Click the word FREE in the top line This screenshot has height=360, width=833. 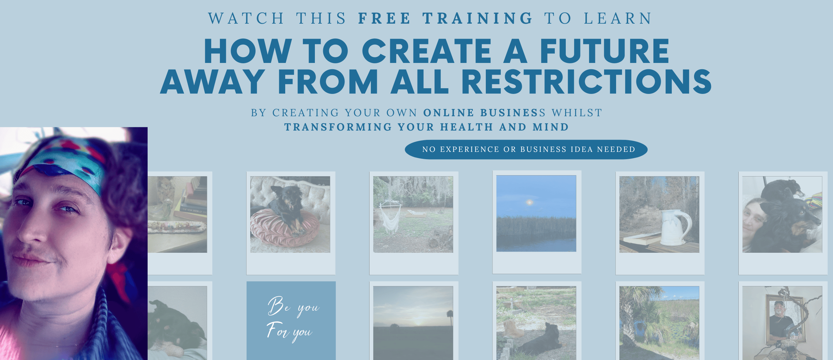point(384,18)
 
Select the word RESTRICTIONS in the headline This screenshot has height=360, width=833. point(586,82)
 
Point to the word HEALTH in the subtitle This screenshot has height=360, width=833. point(466,127)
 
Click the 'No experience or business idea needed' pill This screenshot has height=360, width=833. point(526,150)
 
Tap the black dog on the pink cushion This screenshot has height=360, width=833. point(287,208)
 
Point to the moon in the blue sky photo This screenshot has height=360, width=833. point(529,202)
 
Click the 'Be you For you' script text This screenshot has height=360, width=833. point(292,319)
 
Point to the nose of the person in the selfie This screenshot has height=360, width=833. point(32,230)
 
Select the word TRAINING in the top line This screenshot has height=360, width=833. point(478,18)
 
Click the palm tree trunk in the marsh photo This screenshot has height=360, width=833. point(628,325)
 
